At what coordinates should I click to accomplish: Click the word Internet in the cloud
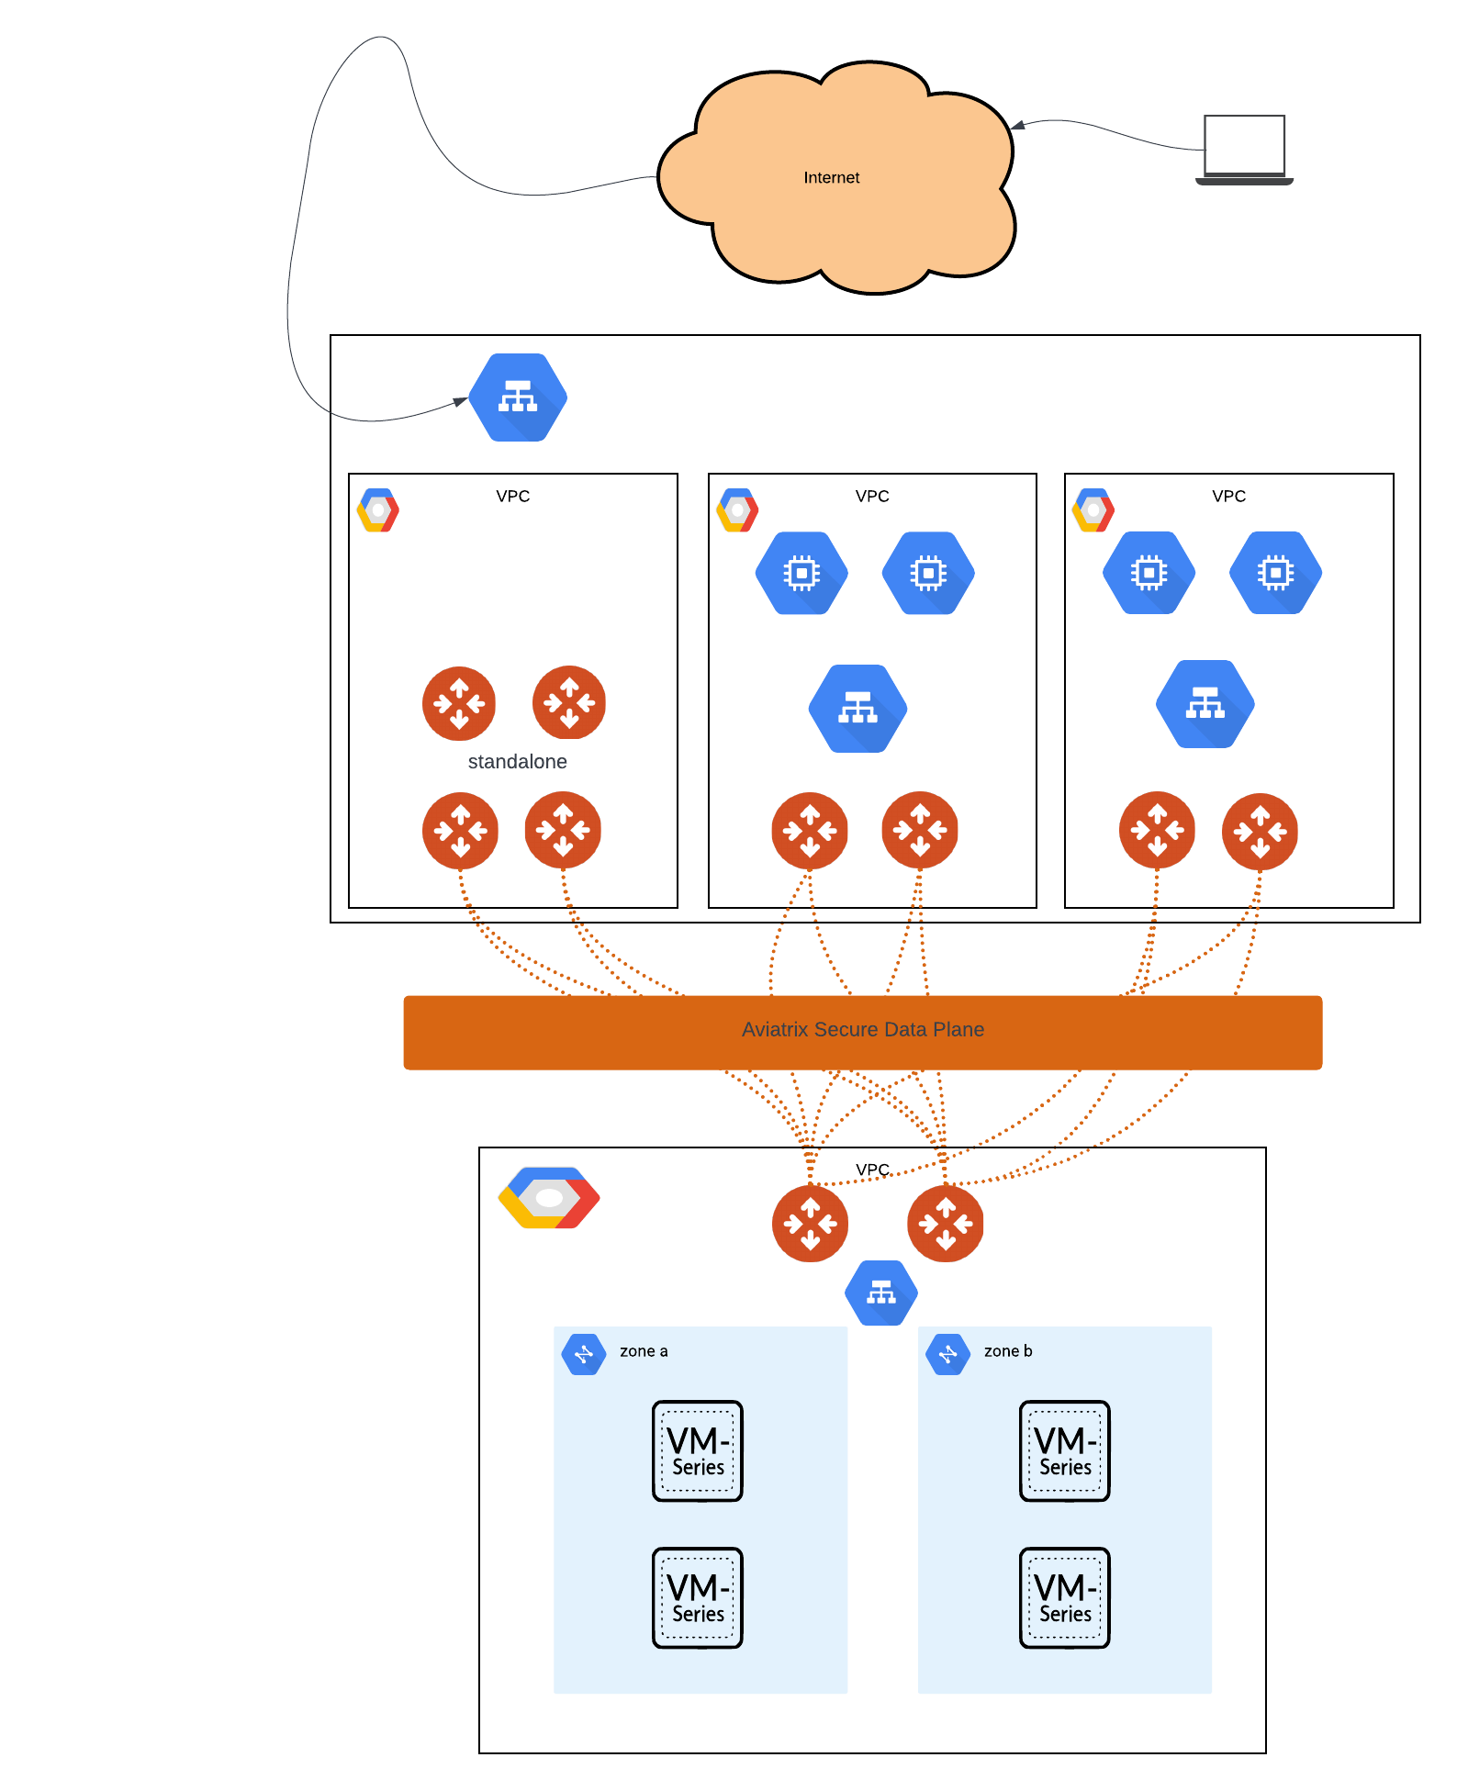point(831,177)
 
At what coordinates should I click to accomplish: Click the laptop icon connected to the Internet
point(1244,149)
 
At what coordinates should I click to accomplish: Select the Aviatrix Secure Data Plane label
point(862,1030)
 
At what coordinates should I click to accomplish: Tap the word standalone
point(517,761)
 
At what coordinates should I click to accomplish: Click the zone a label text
point(644,1351)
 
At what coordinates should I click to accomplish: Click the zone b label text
point(1008,1351)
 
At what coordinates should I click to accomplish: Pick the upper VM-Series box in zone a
point(698,1450)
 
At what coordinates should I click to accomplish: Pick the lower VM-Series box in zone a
point(698,1597)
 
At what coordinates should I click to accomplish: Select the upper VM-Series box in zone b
point(1065,1450)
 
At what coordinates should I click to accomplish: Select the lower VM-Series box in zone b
point(1065,1597)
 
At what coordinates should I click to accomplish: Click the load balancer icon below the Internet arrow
point(518,397)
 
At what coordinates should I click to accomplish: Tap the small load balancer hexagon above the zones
point(881,1293)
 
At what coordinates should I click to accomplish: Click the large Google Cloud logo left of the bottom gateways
point(549,1198)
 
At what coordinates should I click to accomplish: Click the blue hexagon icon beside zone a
point(584,1354)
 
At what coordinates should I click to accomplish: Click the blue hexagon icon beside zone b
point(948,1354)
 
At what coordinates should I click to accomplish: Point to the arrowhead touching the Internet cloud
point(1015,126)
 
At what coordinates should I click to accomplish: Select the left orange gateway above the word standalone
point(459,703)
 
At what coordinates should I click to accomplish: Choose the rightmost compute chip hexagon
point(1275,573)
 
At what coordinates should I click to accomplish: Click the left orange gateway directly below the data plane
point(810,1224)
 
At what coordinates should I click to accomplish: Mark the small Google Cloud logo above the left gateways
point(378,510)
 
